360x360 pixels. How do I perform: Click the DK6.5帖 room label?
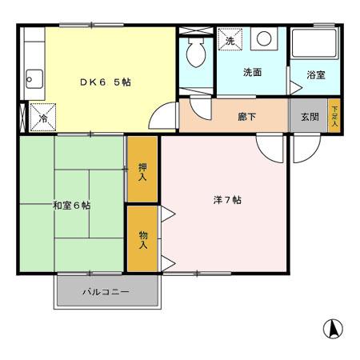click(x=104, y=81)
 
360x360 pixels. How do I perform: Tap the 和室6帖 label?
click(x=71, y=206)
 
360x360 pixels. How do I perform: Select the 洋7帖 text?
click(x=226, y=200)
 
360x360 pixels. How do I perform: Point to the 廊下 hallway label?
click(x=246, y=116)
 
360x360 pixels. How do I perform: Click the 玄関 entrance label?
click(x=310, y=116)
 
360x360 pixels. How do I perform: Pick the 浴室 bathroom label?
click(x=316, y=75)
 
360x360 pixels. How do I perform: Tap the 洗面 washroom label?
click(x=252, y=72)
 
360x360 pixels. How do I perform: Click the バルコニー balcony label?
click(x=106, y=292)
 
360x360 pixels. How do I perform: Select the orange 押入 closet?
click(x=142, y=169)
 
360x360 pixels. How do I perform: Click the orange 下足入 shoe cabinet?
click(x=334, y=116)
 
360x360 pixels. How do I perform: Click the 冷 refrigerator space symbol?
click(x=42, y=117)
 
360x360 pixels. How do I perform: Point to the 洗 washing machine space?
click(x=230, y=40)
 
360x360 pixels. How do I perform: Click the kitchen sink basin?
click(x=33, y=78)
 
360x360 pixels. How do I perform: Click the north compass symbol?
click(x=334, y=327)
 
